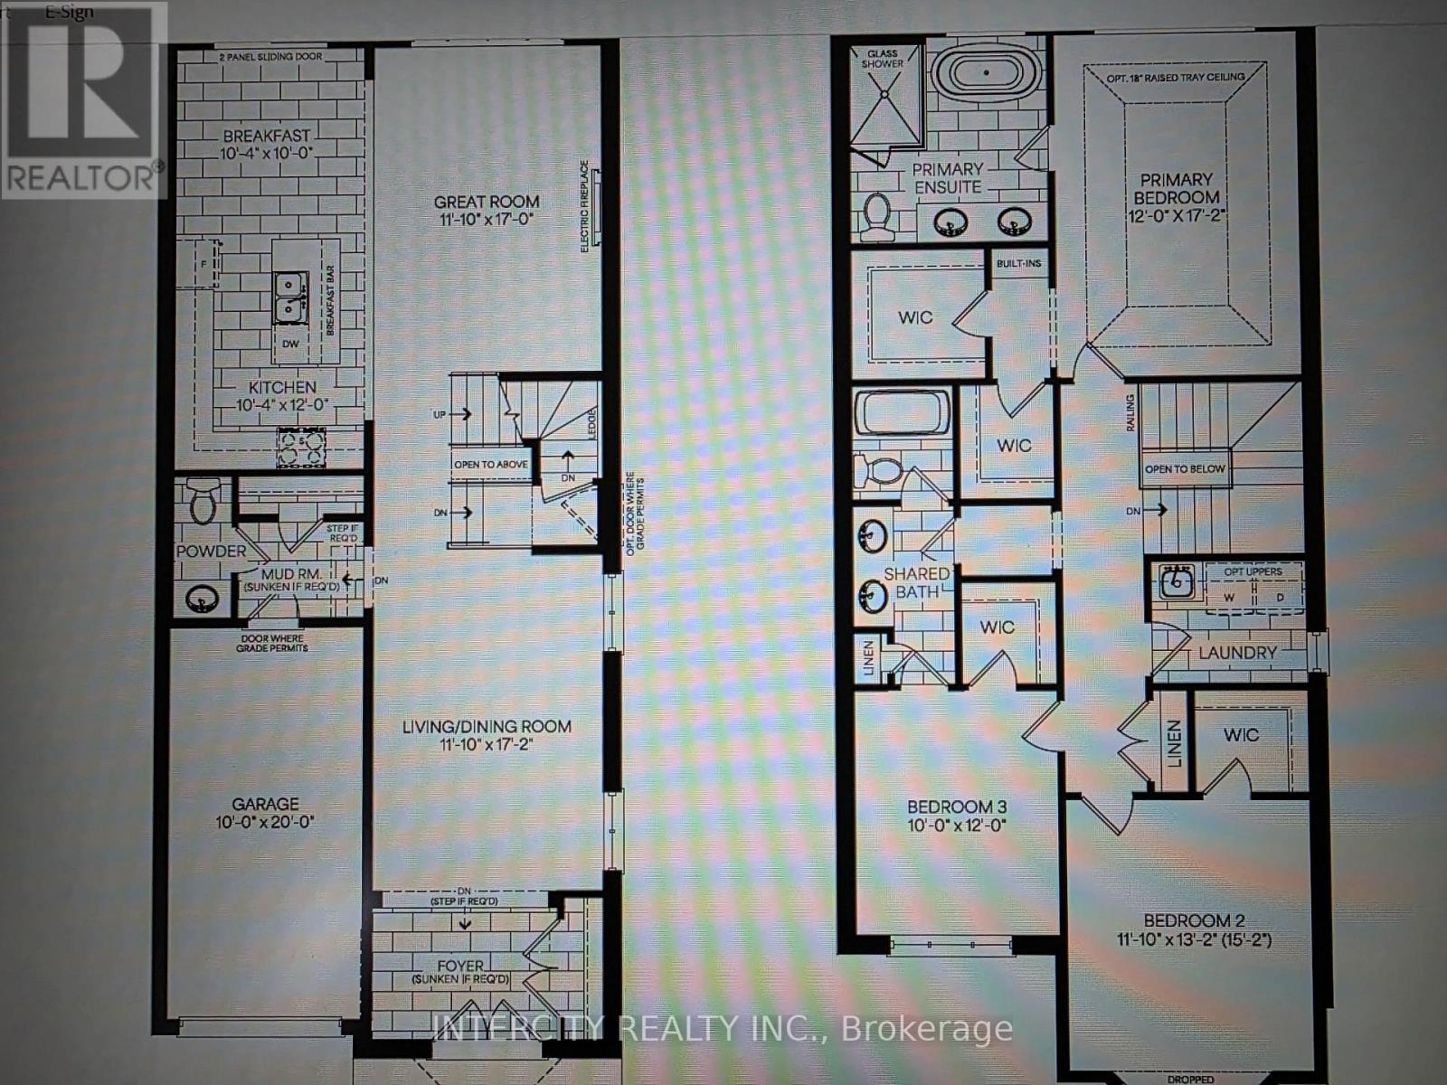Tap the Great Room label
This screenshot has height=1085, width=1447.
[x=487, y=203]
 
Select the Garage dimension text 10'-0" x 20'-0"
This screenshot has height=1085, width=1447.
[x=265, y=823]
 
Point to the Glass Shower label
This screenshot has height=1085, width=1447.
[x=882, y=59]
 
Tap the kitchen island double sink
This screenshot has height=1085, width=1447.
[x=289, y=297]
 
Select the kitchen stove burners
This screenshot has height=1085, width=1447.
[x=302, y=448]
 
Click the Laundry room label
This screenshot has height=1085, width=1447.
[x=1237, y=653]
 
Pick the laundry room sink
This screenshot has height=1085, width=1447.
[x=1176, y=581]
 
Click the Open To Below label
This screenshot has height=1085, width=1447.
[x=1185, y=469]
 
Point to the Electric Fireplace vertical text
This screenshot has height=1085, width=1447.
[x=585, y=206]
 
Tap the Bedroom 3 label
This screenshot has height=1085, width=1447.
[x=957, y=807]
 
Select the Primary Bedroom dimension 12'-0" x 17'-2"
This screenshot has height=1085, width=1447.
[x=1177, y=216]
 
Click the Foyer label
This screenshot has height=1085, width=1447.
[x=460, y=967]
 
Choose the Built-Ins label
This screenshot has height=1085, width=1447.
[x=1018, y=264]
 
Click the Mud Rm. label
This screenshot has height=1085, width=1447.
[x=287, y=574]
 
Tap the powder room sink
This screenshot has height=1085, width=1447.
[x=201, y=598]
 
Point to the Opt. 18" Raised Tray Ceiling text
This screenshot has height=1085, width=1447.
[x=1176, y=78]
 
